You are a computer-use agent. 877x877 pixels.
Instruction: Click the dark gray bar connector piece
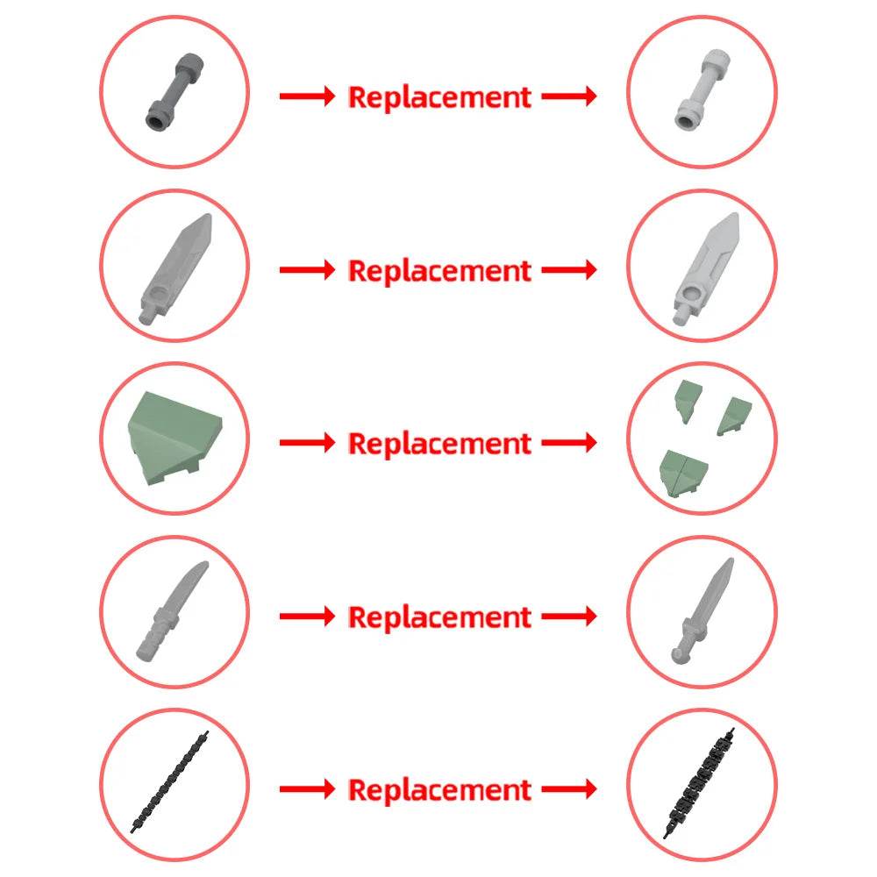coord(174,92)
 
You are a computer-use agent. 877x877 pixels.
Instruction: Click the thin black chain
coord(169,781)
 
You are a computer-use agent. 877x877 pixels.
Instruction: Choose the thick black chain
coord(699,782)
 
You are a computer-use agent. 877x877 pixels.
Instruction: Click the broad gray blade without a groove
coord(175,268)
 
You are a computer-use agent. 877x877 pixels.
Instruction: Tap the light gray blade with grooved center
coord(706,269)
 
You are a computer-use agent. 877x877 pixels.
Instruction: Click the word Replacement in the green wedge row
coord(439,444)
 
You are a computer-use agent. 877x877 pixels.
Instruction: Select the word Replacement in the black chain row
coord(439,790)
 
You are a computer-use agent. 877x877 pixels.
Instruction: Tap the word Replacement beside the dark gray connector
coord(439,97)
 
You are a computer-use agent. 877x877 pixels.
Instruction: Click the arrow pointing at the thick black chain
coord(569,789)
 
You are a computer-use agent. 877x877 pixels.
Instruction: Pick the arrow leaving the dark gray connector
coord(307,96)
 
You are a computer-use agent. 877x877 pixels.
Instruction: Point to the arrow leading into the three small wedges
coord(569,442)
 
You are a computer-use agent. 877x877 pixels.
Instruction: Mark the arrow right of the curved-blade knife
coord(307,616)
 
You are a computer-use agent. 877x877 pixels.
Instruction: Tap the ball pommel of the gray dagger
coord(677,655)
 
